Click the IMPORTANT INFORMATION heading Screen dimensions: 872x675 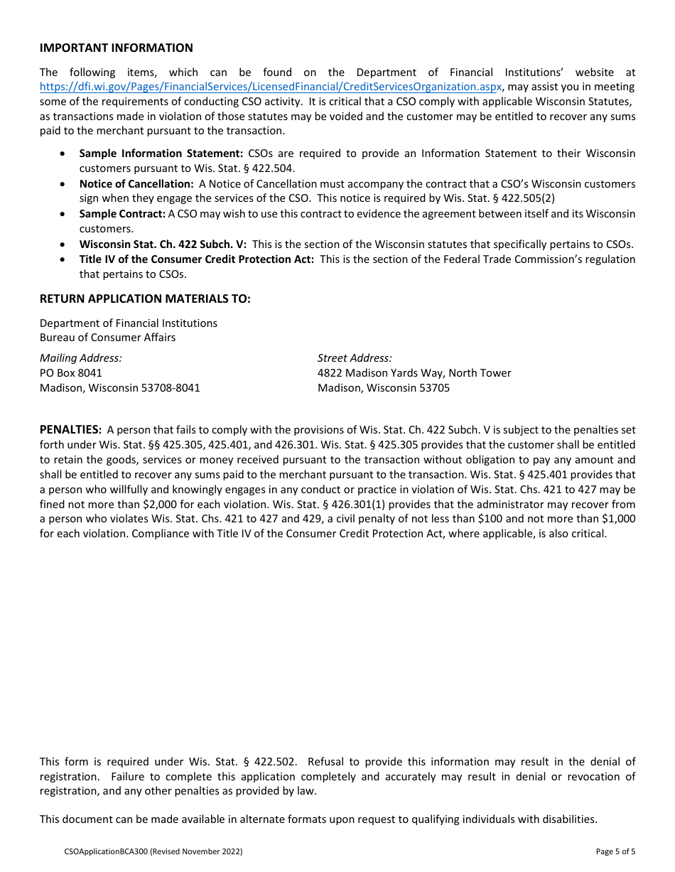[116, 48]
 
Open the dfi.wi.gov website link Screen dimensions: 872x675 [271, 87]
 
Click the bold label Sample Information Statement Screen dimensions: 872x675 [161, 154]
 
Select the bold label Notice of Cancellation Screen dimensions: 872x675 [136, 184]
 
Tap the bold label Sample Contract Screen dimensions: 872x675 [121, 214]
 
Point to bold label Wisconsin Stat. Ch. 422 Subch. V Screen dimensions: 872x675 [163, 244]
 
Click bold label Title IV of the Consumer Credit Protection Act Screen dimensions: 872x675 [196, 259]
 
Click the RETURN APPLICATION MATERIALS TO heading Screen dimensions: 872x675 [145, 299]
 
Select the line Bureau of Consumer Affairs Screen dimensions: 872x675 [107, 338]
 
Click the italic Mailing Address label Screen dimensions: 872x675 [80, 358]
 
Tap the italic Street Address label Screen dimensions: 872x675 [355, 358]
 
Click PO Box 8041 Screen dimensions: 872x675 [71, 373]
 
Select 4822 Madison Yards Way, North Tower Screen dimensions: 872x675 [414, 373]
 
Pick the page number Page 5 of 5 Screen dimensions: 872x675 [615, 851]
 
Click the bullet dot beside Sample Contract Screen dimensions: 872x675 [65, 214]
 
